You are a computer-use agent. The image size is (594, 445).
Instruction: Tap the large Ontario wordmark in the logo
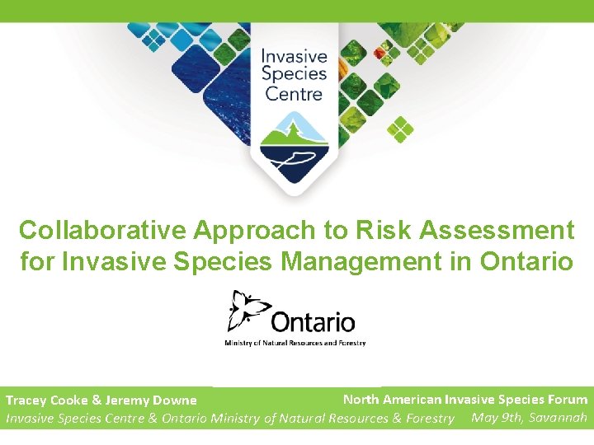313,321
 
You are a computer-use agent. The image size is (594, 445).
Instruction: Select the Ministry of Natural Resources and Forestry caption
295,343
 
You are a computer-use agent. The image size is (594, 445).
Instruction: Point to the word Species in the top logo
295,75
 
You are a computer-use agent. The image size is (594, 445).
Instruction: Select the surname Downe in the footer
174,400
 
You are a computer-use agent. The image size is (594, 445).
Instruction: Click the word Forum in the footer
567,400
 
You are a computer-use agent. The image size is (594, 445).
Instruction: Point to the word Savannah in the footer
558,417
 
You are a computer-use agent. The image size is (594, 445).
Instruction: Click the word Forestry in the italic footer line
430,419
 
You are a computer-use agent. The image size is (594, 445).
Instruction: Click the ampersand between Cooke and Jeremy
97,400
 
